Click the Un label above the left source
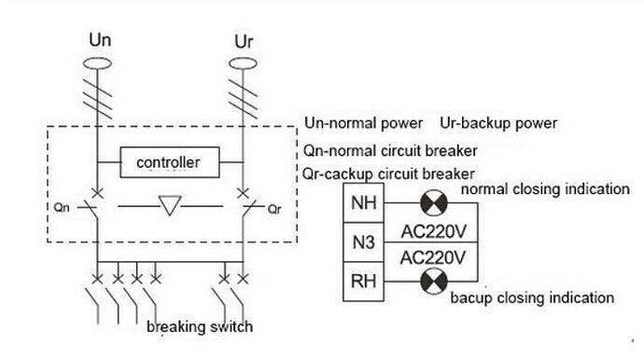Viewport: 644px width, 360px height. (x=100, y=40)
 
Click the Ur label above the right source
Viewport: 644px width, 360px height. (x=244, y=42)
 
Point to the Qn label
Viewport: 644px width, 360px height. (x=62, y=207)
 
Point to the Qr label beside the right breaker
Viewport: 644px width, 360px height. (x=274, y=209)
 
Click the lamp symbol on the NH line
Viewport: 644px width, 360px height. (x=434, y=202)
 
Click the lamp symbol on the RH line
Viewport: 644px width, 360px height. (x=434, y=281)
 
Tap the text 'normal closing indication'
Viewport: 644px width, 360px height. (x=545, y=189)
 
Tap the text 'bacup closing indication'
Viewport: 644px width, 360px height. (x=532, y=298)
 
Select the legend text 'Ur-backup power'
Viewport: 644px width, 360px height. (x=498, y=123)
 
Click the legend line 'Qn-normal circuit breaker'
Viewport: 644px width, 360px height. (x=390, y=151)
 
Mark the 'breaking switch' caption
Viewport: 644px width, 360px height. (x=200, y=326)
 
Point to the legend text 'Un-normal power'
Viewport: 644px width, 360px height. (x=363, y=123)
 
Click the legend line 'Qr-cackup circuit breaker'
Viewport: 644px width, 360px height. (x=388, y=174)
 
